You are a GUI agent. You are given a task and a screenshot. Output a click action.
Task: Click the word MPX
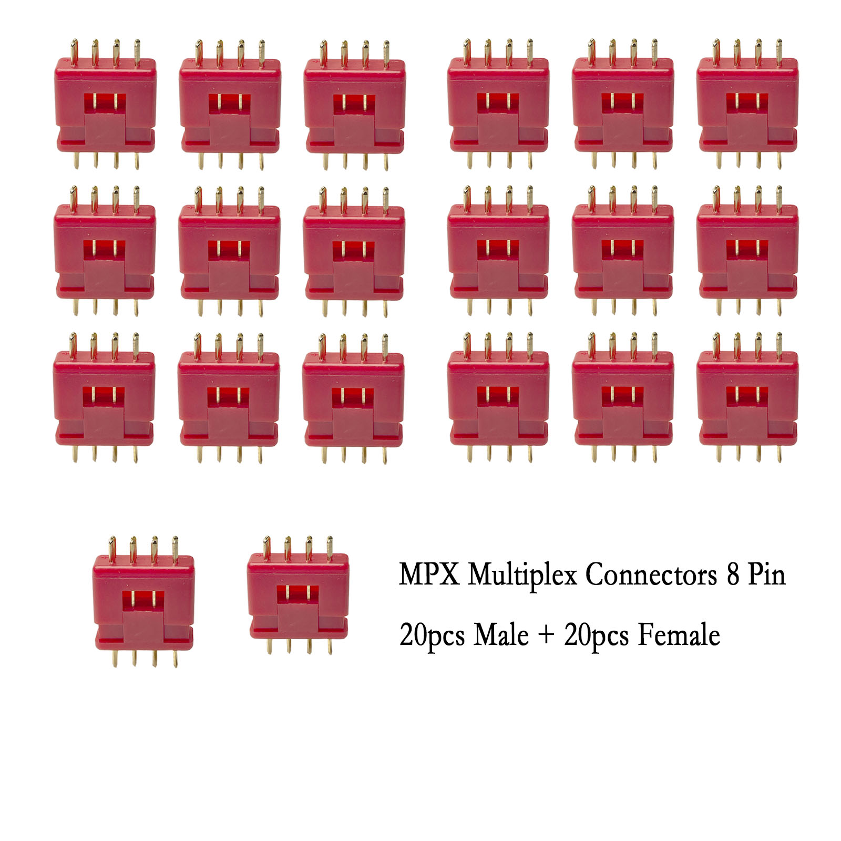[x=429, y=575]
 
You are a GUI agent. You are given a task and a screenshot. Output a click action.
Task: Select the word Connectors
[x=651, y=575]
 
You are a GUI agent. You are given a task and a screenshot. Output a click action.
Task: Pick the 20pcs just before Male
[x=432, y=635]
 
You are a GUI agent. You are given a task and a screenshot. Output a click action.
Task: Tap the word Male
[x=501, y=634]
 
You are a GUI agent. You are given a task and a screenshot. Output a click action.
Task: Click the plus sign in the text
[x=546, y=635]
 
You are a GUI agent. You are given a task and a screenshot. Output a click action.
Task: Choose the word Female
[x=679, y=634]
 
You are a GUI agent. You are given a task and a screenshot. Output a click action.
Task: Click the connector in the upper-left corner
[x=105, y=105]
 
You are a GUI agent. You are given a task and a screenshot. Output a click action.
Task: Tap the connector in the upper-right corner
[x=746, y=105]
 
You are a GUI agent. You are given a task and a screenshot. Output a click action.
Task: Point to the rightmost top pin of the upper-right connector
[x=779, y=49]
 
